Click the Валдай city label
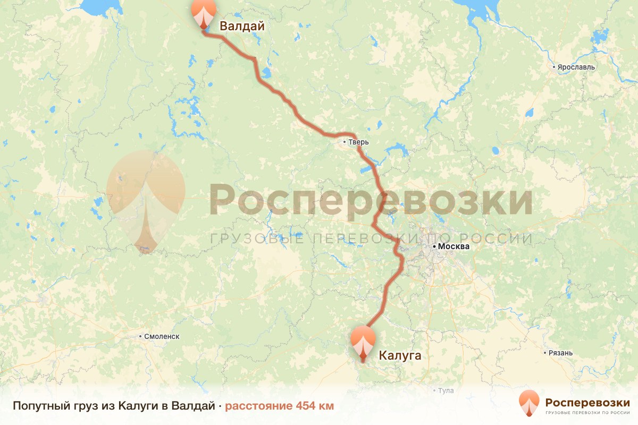(242, 26)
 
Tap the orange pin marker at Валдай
(204, 14)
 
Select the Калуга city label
(400, 355)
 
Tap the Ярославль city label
(576, 67)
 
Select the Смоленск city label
(162, 336)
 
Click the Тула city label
(446, 390)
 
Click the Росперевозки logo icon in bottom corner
(529, 403)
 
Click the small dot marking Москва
(434, 246)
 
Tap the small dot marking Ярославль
(554, 67)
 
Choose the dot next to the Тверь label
(345, 142)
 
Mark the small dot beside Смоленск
(140, 336)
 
